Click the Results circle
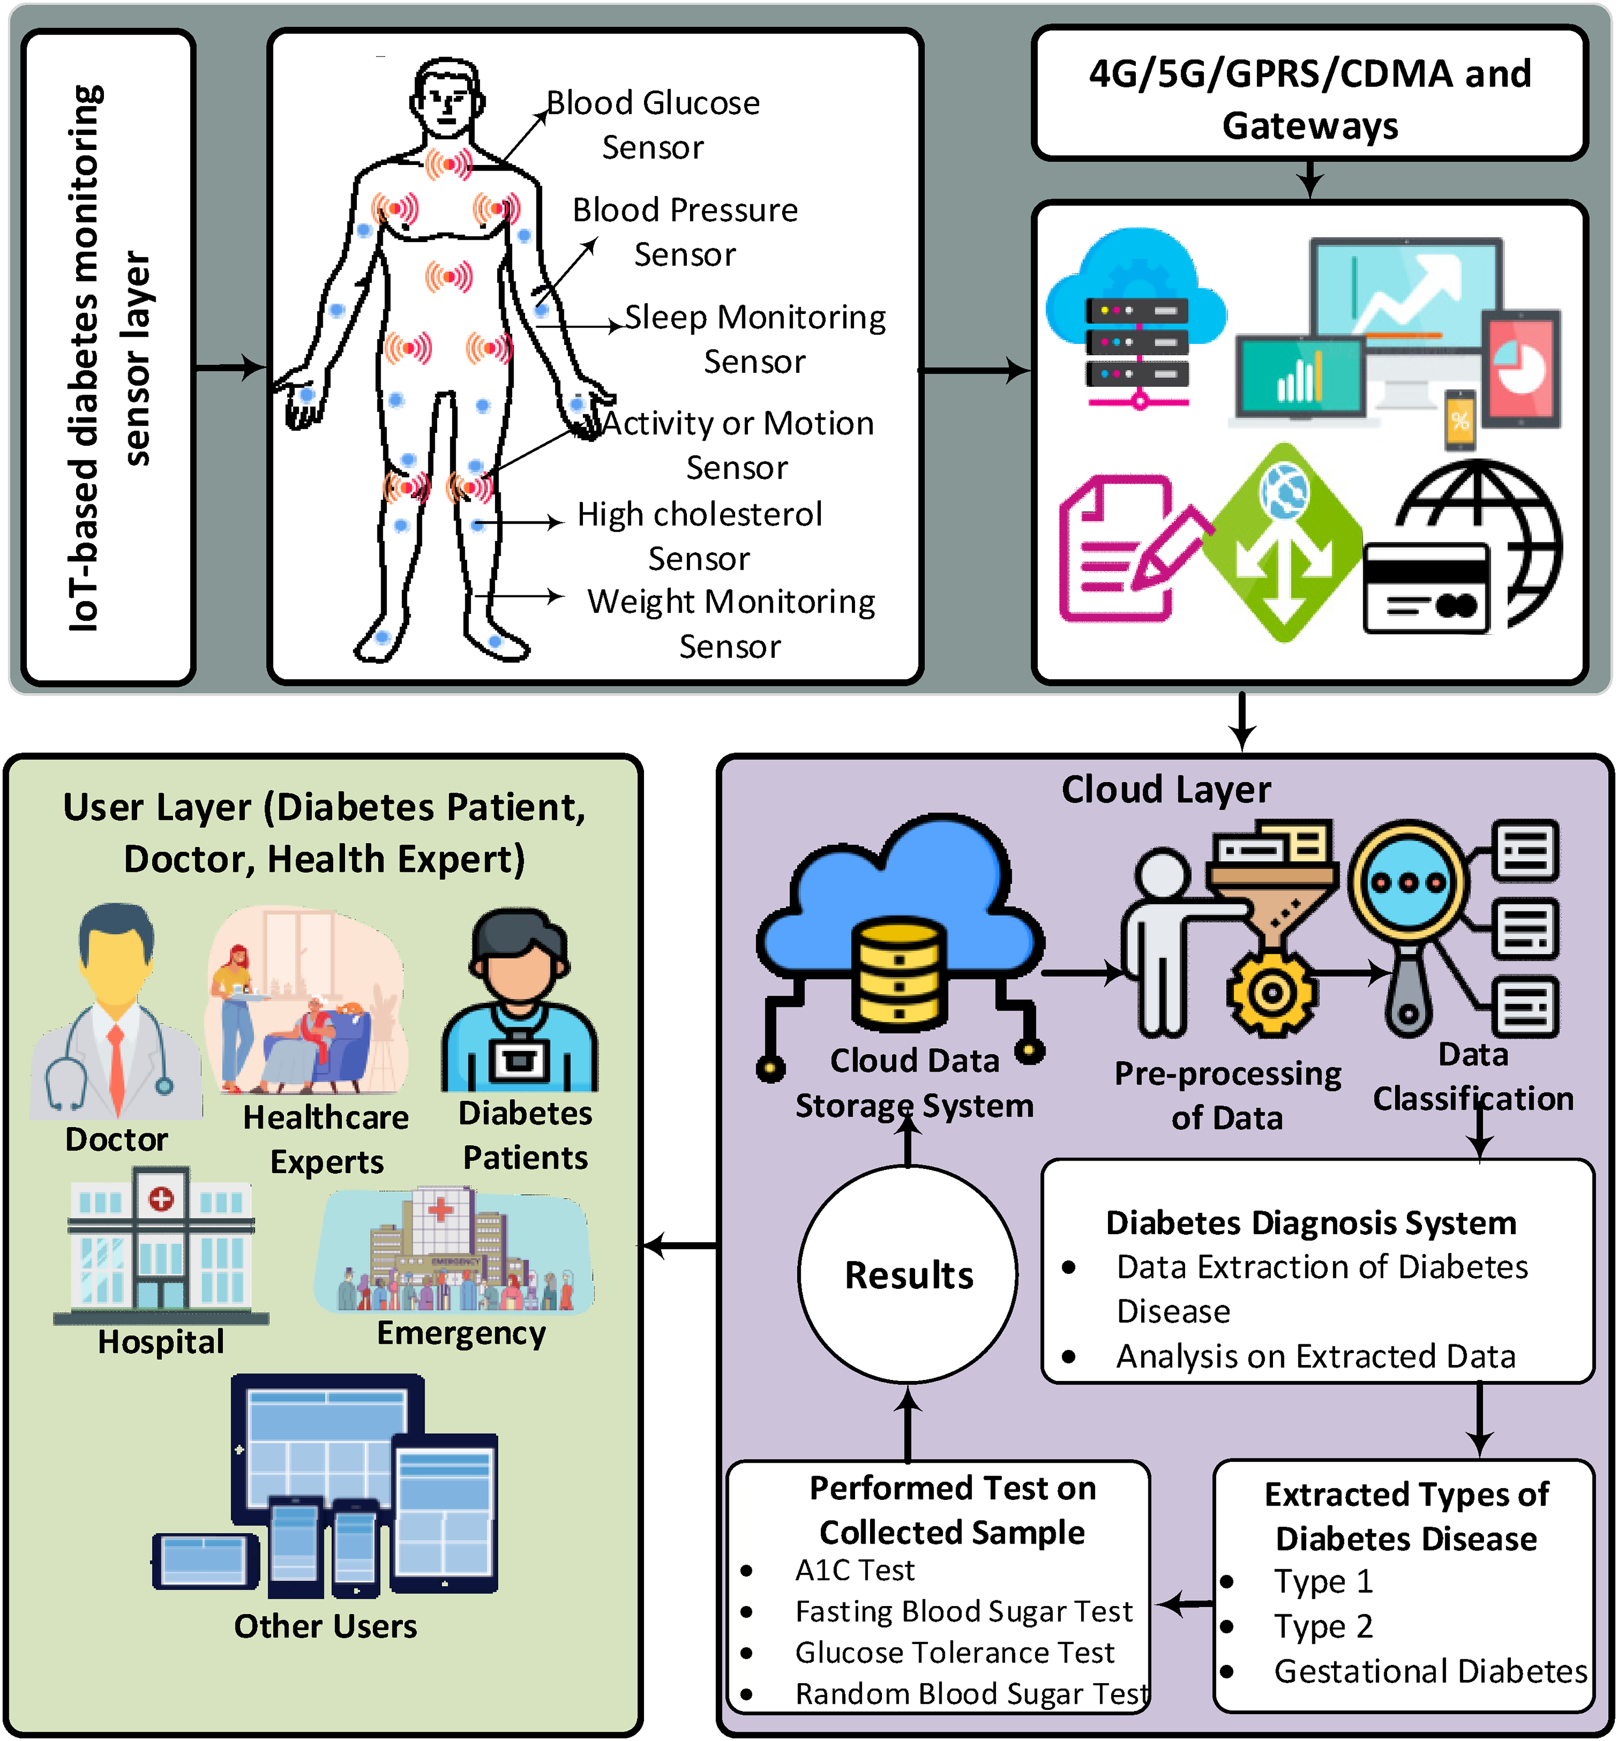[x=908, y=1274]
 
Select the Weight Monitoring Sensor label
[x=731, y=623]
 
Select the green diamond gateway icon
[x=1283, y=543]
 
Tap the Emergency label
[x=461, y=1333]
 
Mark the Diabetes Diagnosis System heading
[x=1311, y=1223]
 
